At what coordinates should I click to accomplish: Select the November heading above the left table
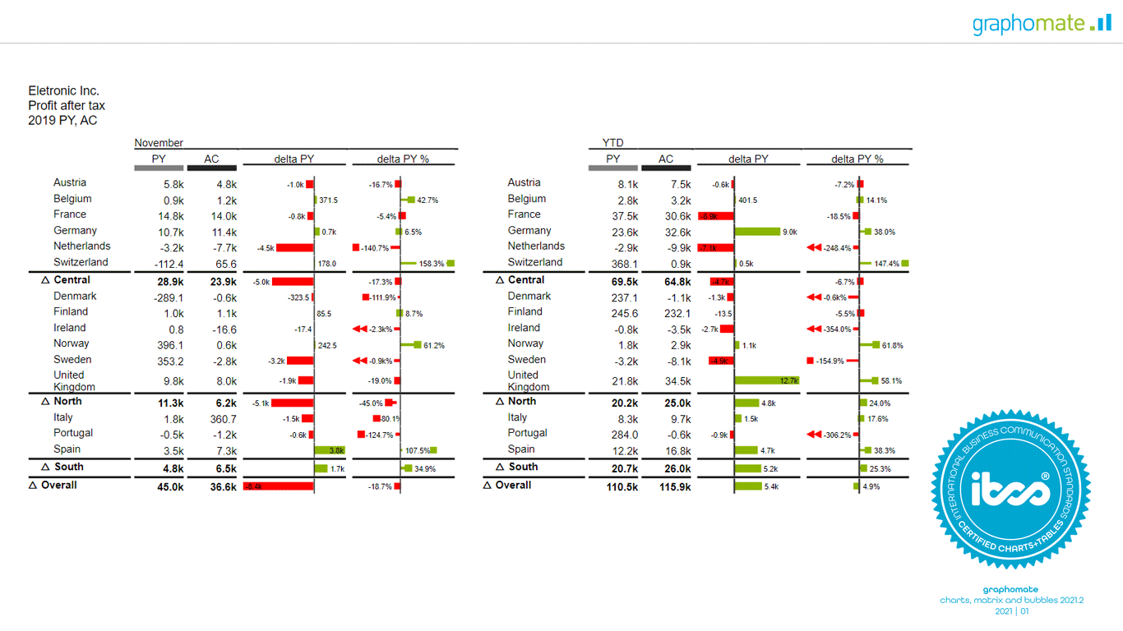pyautogui.click(x=159, y=143)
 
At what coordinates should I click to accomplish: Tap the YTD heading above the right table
pyautogui.click(x=613, y=143)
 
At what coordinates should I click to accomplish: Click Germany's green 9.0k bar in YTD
pyautogui.click(x=757, y=232)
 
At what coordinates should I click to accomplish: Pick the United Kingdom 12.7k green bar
pyautogui.click(x=767, y=381)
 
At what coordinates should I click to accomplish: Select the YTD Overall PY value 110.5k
pyautogui.click(x=621, y=486)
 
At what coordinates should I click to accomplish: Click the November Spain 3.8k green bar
pyautogui.click(x=330, y=450)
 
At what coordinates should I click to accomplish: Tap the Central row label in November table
pyautogui.click(x=72, y=280)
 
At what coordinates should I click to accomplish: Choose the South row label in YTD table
pyautogui.click(x=523, y=467)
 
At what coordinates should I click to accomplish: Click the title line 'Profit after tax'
pyautogui.click(x=67, y=106)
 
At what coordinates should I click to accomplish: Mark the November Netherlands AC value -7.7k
pyautogui.click(x=222, y=247)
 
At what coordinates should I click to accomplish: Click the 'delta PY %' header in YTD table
pyautogui.click(x=857, y=159)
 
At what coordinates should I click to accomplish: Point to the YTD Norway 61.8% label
pyautogui.click(x=892, y=346)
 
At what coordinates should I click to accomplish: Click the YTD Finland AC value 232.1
pyautogui.click(x=677, y=313)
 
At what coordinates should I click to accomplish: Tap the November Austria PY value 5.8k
pyautogui.click(x=173, y=185)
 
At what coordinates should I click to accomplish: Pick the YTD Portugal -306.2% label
pyautogui.click(x=837, y=435)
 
